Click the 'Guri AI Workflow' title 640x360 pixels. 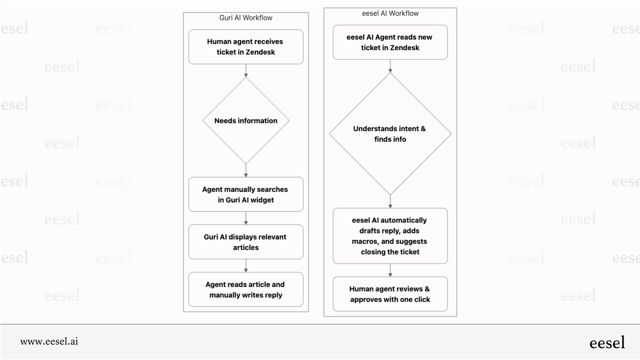[x=246, y=18]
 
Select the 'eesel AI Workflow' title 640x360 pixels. [x=390, y=13]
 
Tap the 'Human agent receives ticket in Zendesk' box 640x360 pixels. [x=246, y=47]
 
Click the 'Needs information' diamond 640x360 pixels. [x=246, y=121]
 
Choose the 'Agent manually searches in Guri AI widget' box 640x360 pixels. [x=246, y=194]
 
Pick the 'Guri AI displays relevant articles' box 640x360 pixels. [x=246, y=242]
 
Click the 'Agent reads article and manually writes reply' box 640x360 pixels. [x=246, y=290]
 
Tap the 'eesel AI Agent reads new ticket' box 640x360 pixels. [x=390, y=42]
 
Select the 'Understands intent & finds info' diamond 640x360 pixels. [x=390, y=134]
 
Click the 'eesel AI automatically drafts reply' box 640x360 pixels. [x=390, y=236]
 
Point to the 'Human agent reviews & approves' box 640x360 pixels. [x=390, y=294]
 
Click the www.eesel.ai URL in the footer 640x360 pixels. [x=49, y=341]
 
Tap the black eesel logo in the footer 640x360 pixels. [x=607, y=342]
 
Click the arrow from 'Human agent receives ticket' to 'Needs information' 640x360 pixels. [x=246, y=71]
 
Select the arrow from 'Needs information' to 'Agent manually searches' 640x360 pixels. [x=246, y=171]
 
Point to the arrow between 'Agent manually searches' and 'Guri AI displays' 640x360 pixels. [x=246, y=218]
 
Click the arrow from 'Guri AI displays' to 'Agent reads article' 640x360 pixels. [x=246, y=266]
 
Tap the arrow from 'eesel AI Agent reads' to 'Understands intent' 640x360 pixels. [x=390, y=66]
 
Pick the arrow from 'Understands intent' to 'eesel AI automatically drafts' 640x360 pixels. [x=390, y=202]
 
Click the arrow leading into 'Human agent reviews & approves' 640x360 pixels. [x=390, y=270]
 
